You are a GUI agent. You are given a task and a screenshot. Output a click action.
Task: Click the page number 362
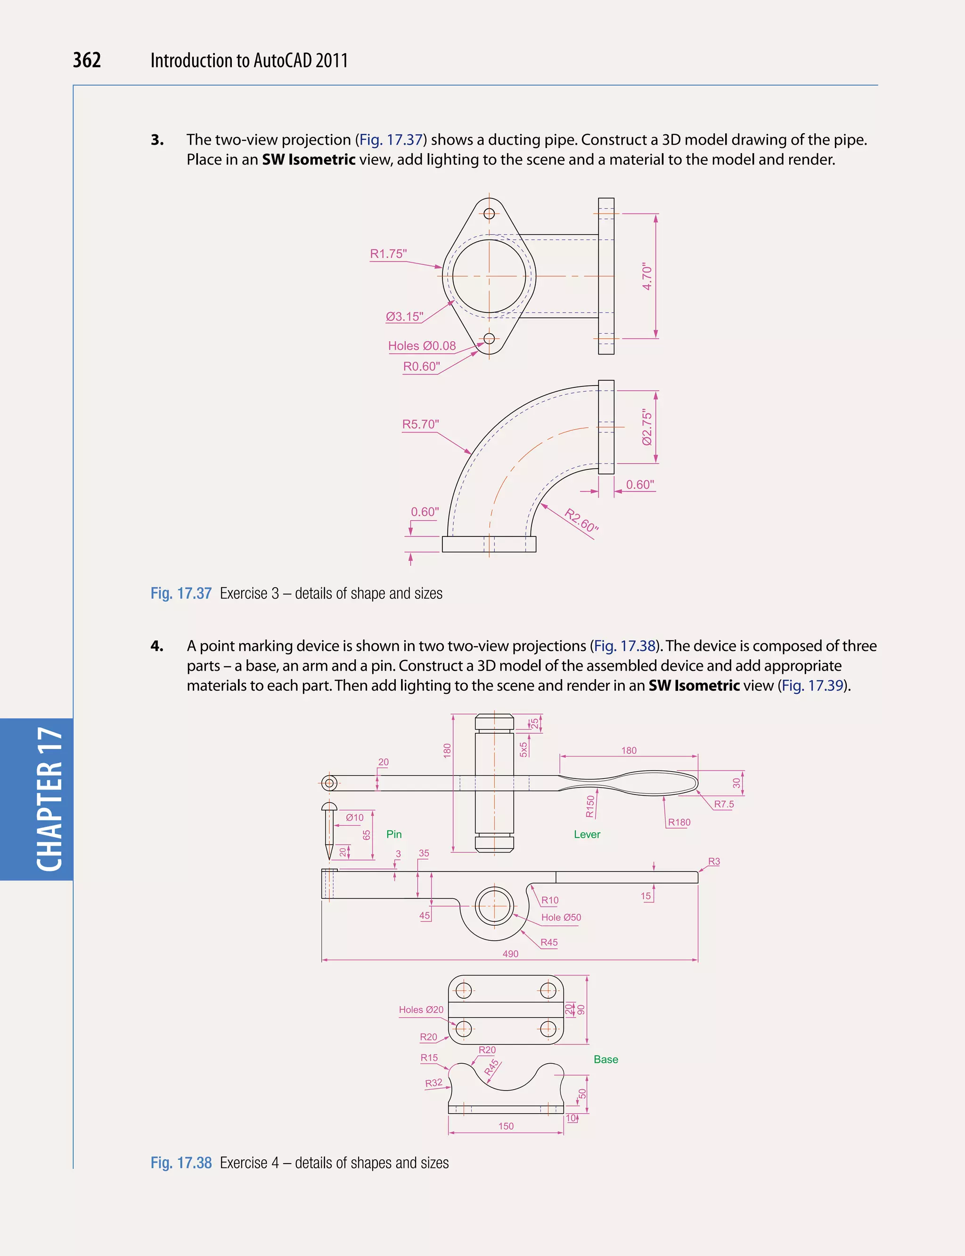pos(87,60)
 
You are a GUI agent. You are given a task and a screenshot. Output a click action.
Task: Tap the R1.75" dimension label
pos(388,254)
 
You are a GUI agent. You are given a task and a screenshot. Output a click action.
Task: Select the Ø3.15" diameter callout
pos(404,317)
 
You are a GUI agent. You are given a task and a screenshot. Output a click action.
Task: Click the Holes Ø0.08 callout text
pos(422,346)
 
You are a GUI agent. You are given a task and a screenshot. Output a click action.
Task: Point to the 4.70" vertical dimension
pos(647,276)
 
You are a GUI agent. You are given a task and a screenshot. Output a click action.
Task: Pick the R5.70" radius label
pos(420,424)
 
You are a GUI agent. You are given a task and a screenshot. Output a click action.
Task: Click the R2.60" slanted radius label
pos(581,521)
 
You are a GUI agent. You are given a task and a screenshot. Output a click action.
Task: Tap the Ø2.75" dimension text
pos(647,427)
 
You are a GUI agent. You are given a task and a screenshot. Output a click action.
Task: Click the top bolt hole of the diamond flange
pos(489,214)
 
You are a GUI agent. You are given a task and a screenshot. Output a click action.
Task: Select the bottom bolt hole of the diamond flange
pos(489,338)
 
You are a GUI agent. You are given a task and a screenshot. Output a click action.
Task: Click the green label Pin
pos(394,834)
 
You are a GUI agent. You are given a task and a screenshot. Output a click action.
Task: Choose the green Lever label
pos(587,834)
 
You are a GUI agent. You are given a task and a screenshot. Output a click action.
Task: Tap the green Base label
pos(606,1059)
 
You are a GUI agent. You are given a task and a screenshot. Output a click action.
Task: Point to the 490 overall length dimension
pos(511,954)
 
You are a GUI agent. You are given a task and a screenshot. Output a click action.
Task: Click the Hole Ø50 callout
pos(561,918)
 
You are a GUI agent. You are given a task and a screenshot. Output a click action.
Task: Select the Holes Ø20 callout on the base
pos(421,1010)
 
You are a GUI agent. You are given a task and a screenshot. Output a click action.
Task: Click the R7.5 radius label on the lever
pos(724,804)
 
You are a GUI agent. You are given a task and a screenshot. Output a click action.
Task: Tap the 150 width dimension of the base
pos(506,1126)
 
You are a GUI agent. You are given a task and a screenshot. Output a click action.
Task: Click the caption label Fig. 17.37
pos(181,593)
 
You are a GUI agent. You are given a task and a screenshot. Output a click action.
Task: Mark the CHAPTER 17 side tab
pos(49,799)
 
